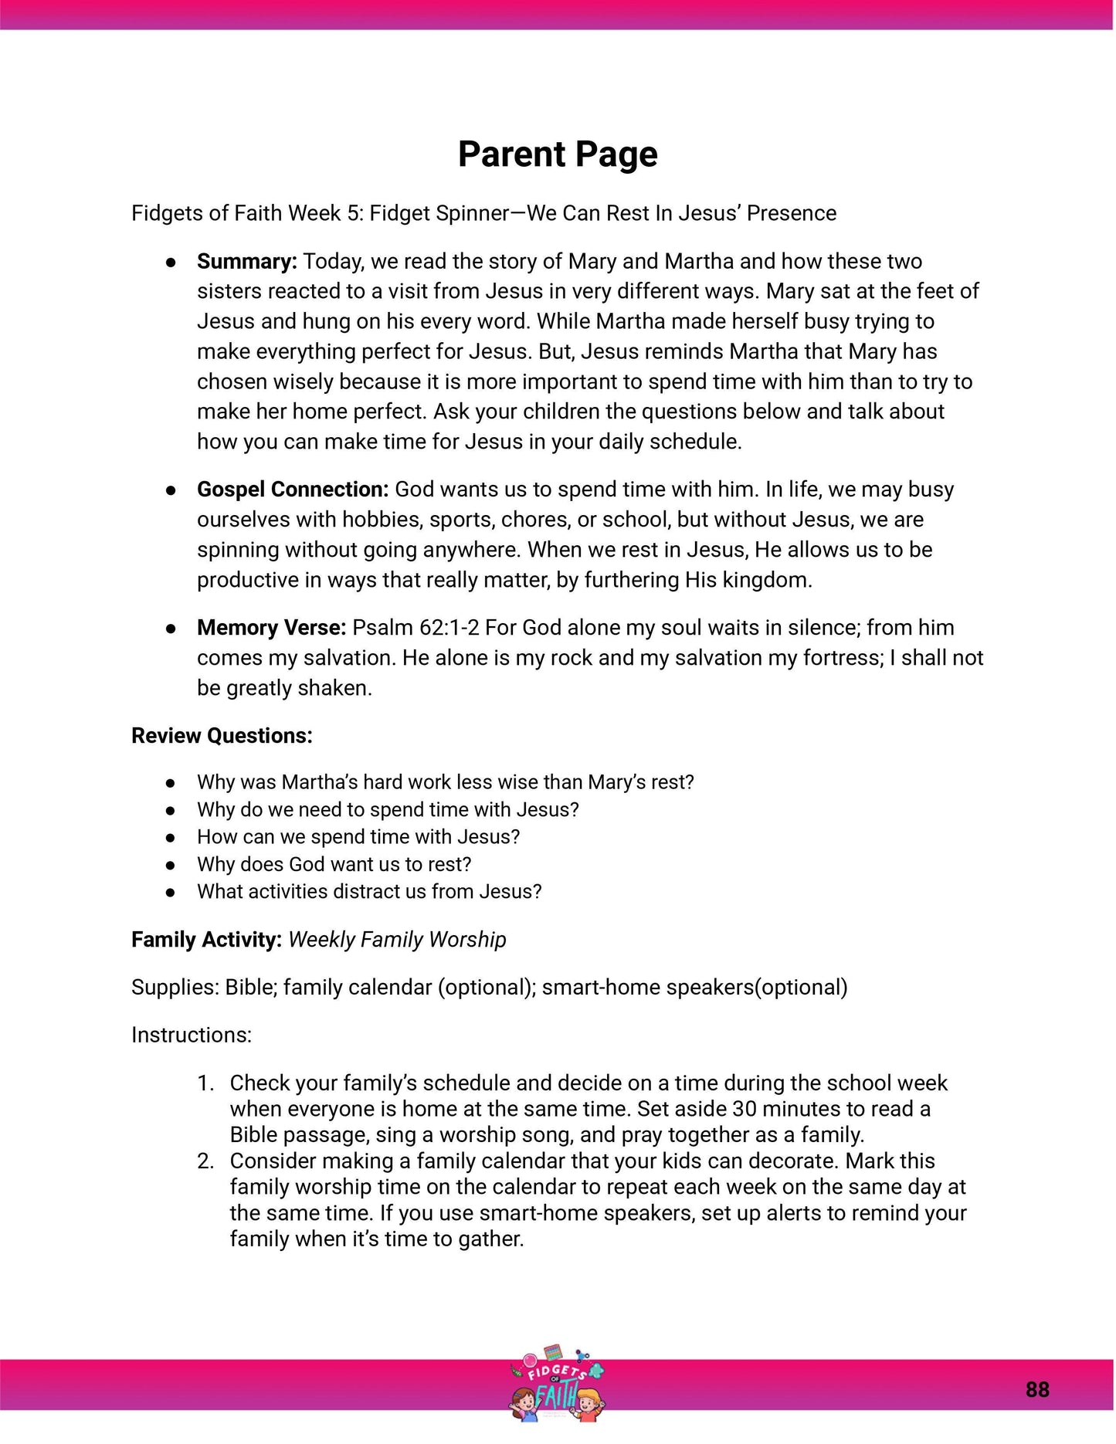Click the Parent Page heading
(558, 154)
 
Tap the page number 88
(1037, 1389)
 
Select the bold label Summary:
(246, 261)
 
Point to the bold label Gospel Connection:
(292, 489)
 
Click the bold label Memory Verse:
(271, 627)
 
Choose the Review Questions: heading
(222, 735)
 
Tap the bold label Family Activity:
(206, 939)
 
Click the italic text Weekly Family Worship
(397, 939)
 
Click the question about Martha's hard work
(445, 781)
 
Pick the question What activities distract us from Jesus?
(369, 891)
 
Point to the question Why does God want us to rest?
(334, 864)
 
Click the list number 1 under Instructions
(205, 1083)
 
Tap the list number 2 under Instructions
(205, 1161)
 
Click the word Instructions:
(192, 1035)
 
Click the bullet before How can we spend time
(171, 837)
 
